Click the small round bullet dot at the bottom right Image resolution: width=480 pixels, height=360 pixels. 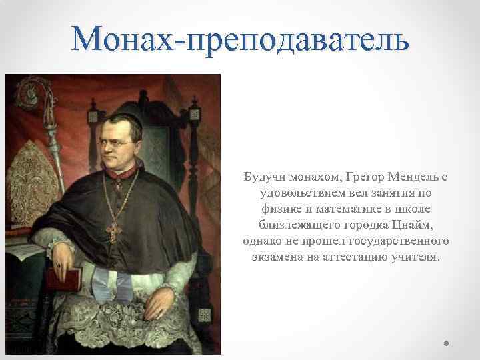[x=447, y=344]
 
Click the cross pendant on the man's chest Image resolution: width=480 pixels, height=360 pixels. [x=115, y=231]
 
